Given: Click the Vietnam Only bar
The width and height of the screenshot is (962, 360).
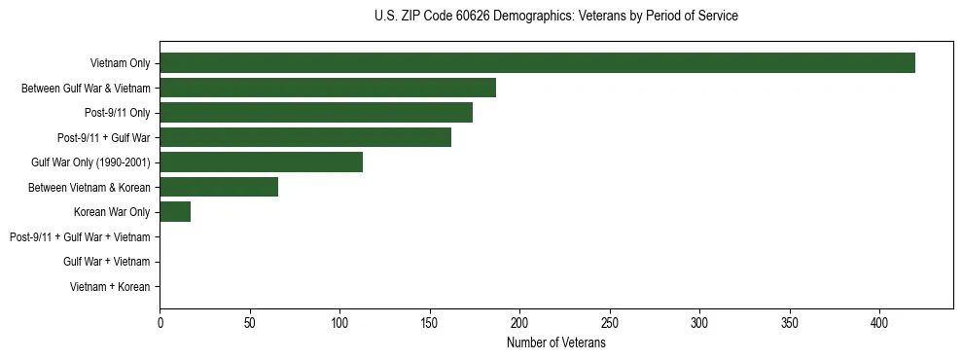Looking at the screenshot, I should [x=537, y=63].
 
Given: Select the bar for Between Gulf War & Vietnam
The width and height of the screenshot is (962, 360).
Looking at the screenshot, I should [x=328, y=88].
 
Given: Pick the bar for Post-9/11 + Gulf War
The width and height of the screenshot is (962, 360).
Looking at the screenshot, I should [x=305, y=137].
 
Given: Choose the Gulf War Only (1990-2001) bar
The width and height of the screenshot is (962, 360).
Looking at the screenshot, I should [x=261, y=162].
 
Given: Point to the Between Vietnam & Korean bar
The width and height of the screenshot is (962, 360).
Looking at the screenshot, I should [x=219, y=187].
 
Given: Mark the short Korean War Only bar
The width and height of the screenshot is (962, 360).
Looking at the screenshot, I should [x=175, y=212].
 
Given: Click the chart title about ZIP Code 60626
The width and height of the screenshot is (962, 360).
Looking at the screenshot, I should [x=555, y=17].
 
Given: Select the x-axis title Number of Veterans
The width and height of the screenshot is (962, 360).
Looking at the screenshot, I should [x=555, y=343].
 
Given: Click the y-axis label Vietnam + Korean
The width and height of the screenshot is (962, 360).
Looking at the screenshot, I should [x=110, y=287].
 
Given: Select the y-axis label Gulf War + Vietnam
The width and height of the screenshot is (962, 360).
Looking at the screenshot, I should [x=106, y=262].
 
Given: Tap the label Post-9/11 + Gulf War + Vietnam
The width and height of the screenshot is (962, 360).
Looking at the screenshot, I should [x=80, y=237].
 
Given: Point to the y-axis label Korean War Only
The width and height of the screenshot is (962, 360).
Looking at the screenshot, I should [x=112, y=212].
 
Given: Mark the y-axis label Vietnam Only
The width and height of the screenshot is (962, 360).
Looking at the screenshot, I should [x=120, y=63].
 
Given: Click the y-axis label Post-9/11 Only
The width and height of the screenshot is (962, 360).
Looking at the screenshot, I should [x=118, y=113].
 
